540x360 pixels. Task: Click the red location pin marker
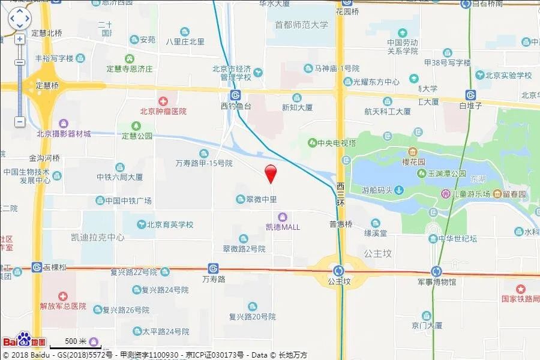pyautogui.click(x=271, y=173)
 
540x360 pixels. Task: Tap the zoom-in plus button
pyautogui.click(x=20, y=39)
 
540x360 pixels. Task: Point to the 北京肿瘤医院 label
pyautogui.click(x=163, y=111)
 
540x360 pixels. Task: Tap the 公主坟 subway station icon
pyautogui.click(x=339, y=270)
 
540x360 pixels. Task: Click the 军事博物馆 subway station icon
pyautogui.click(x=436, y=271)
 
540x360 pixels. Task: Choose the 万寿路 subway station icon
pyautogui.click(x=213, y=268)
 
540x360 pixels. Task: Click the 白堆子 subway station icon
pyautogui.click(x=471, y=95)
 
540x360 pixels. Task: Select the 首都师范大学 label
pyautogui.click(x=301, y=25)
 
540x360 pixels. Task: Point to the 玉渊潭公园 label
pyautogui.click(x=446, y=173)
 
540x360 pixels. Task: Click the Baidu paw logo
pyautogui.click(x=23, y=340)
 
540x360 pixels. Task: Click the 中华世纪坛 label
pyautogui.click(x=452, y=239)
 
